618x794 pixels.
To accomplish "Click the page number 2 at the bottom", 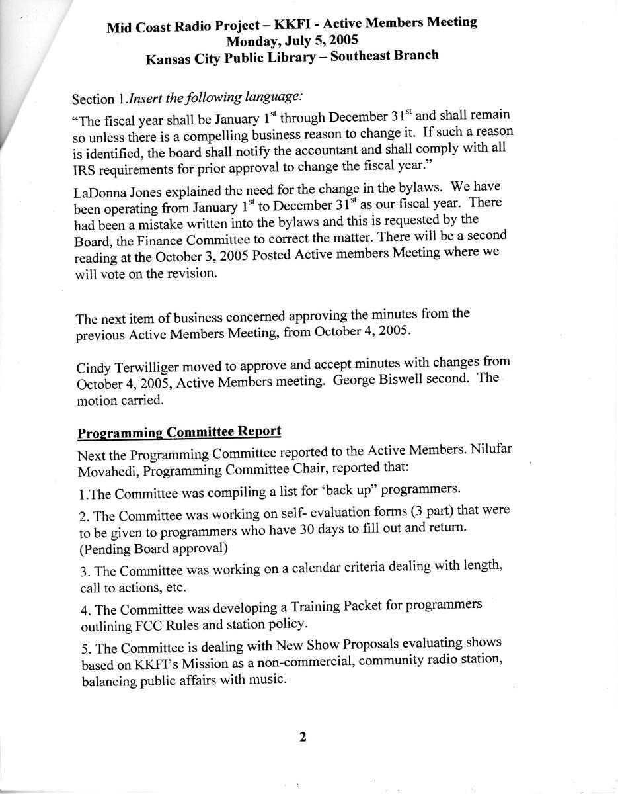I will point(303,737).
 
